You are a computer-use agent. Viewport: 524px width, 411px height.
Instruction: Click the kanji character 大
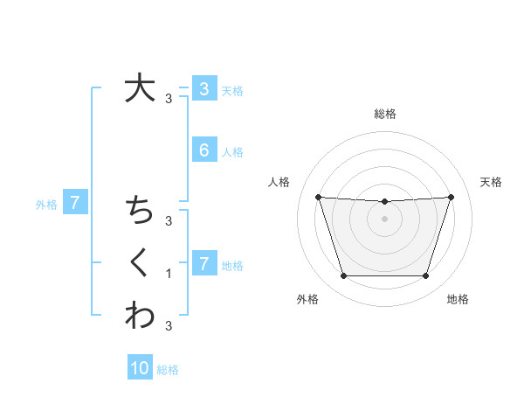139,89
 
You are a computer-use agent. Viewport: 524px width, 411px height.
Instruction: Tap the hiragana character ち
139,211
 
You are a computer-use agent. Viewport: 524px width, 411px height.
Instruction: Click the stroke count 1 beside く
169,274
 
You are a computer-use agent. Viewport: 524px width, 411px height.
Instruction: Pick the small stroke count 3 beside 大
169,99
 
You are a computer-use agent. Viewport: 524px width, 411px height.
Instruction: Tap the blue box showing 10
140,368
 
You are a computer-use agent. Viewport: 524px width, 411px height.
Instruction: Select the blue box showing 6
204,150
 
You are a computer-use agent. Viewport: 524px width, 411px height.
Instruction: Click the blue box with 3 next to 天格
204,88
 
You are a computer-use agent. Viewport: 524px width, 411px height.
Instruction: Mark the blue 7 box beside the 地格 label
204,263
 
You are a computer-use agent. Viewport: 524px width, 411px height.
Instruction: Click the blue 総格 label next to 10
168,370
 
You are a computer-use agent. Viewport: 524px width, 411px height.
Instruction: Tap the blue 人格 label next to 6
232,152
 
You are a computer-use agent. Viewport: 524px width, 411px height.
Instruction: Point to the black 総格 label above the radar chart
384,114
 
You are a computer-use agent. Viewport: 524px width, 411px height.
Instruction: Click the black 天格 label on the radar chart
491,182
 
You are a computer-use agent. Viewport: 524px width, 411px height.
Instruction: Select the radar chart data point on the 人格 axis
319,197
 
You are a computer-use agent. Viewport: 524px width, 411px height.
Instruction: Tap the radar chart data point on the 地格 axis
425,276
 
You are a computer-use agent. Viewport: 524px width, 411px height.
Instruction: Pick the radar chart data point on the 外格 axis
343,276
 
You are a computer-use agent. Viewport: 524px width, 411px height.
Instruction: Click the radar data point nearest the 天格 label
451,197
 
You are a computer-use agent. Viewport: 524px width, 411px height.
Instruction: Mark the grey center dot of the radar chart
384,219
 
